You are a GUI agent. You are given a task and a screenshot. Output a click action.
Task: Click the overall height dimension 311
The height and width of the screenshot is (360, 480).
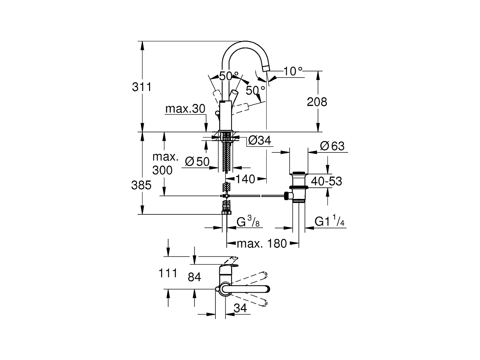[x=142, y=87]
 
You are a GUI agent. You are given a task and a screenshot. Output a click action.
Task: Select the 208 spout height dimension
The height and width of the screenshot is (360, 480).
[x=317, y=102]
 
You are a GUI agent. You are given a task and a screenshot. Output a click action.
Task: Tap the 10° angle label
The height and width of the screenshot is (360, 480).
[x=293, y=71]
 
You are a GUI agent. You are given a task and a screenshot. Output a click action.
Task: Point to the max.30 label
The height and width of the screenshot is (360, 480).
[x=185, y=109]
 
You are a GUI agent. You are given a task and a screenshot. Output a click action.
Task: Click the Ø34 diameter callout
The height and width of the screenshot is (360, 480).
[x=259, y=140]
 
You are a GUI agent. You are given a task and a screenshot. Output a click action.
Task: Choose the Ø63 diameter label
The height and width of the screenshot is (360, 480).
[x=332, y=146]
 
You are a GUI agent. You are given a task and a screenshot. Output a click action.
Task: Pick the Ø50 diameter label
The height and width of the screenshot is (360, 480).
[x=197, y=162]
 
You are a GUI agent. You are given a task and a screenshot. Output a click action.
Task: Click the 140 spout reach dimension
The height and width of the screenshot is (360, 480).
[x=245, y=179]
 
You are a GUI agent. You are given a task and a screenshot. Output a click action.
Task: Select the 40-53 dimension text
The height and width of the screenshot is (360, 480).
[x=326, y=181]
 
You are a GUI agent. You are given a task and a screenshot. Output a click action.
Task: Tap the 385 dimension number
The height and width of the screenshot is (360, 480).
[x=141, y=185]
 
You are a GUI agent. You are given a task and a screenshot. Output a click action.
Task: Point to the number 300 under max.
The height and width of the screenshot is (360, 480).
[x=162, y=170]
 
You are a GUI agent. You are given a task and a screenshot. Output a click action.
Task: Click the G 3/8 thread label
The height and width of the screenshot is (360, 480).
[x=248, y=221]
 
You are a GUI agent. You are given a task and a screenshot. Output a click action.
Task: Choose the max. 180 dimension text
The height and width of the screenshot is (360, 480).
[x=262, y=243]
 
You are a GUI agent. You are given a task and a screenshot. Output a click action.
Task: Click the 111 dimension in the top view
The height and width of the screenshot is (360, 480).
[x=168, y=274]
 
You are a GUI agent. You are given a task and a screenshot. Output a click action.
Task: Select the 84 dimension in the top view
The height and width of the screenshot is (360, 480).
[x=195, y=277]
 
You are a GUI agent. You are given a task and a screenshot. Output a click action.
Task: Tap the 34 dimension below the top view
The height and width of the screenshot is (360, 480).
[x=240, y=308]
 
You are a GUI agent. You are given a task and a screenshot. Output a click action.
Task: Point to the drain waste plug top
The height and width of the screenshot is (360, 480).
[x=298, y=173]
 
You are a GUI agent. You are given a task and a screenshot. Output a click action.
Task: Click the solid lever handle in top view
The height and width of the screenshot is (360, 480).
[x=245, y=289]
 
